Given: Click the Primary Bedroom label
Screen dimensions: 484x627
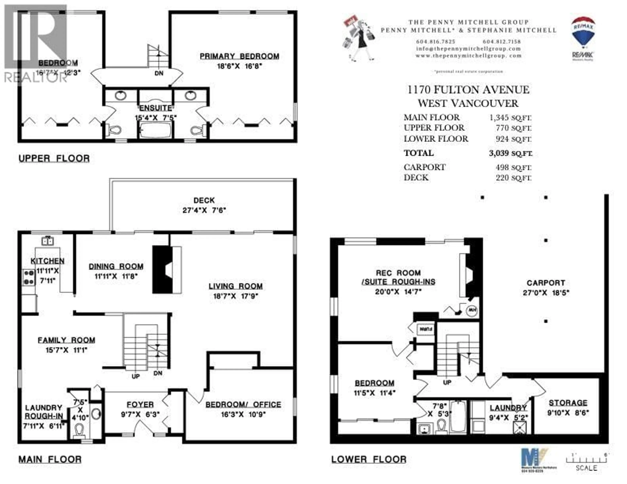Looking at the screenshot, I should pyautogui.click(x=239, y=56).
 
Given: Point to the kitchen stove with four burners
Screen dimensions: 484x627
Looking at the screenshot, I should pyautogui.click(x=29, y=277).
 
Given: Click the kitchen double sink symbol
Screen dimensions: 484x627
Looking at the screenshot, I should pyautogui.click(x=48, y=241).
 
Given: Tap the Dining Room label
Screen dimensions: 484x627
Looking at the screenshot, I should pyautogui.click(x=116, y=267).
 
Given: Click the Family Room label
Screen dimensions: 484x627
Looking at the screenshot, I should pyautogui.click(x=66, y=340).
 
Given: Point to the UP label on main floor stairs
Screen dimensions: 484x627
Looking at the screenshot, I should pyautogui.click(x=136, y=376).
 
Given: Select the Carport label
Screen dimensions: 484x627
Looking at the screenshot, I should pyautogui.click(x=546, y=283).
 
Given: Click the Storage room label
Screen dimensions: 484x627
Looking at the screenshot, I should pyautogui.click(x=568, y=403).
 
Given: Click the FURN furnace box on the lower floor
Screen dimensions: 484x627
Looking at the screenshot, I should pyautogui.click(x=426, y=329).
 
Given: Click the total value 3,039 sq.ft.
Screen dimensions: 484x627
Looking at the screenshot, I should pyautogui.click(x=510, y=153).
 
